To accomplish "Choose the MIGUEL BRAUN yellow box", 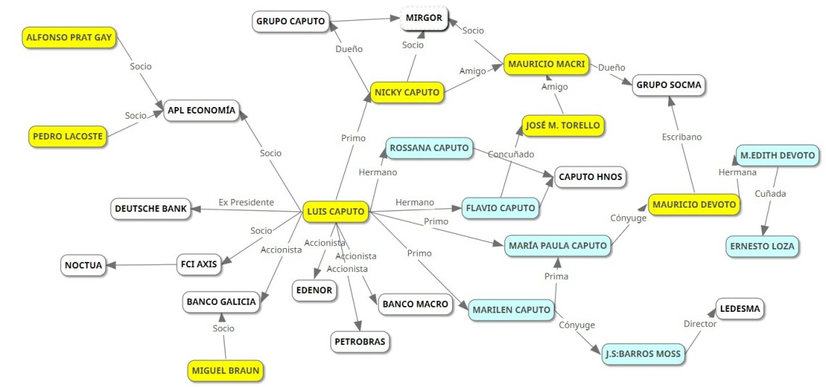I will [225, 371].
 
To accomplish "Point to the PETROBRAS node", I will [360, 341].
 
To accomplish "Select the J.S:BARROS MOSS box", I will [643, 354].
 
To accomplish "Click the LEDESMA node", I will [740, 310].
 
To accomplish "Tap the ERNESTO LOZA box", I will [762, 246].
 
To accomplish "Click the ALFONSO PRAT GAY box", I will [69, 38].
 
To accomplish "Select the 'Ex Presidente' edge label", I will [246, 203].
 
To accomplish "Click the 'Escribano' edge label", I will [682, 137].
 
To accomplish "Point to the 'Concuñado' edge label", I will [511, 154].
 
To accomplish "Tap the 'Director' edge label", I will [700, 324].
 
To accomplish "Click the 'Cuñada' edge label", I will [770, 193].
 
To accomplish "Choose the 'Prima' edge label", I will [556, 276].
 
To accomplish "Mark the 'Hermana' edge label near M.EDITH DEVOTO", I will [737, 172].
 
